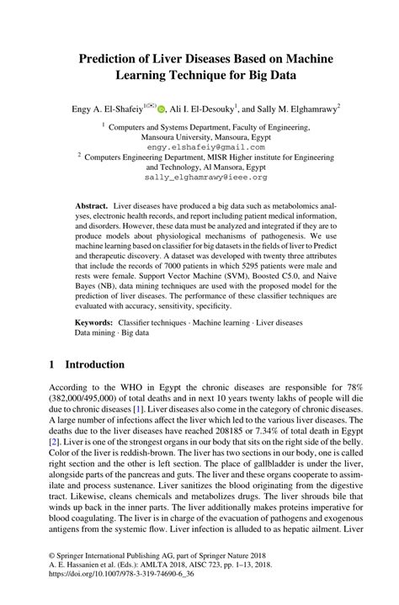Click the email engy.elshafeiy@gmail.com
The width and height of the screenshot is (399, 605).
199,146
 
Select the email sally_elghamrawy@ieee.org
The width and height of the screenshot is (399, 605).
199,178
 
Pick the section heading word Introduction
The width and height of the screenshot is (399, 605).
88,365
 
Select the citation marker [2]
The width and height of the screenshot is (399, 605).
54,440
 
